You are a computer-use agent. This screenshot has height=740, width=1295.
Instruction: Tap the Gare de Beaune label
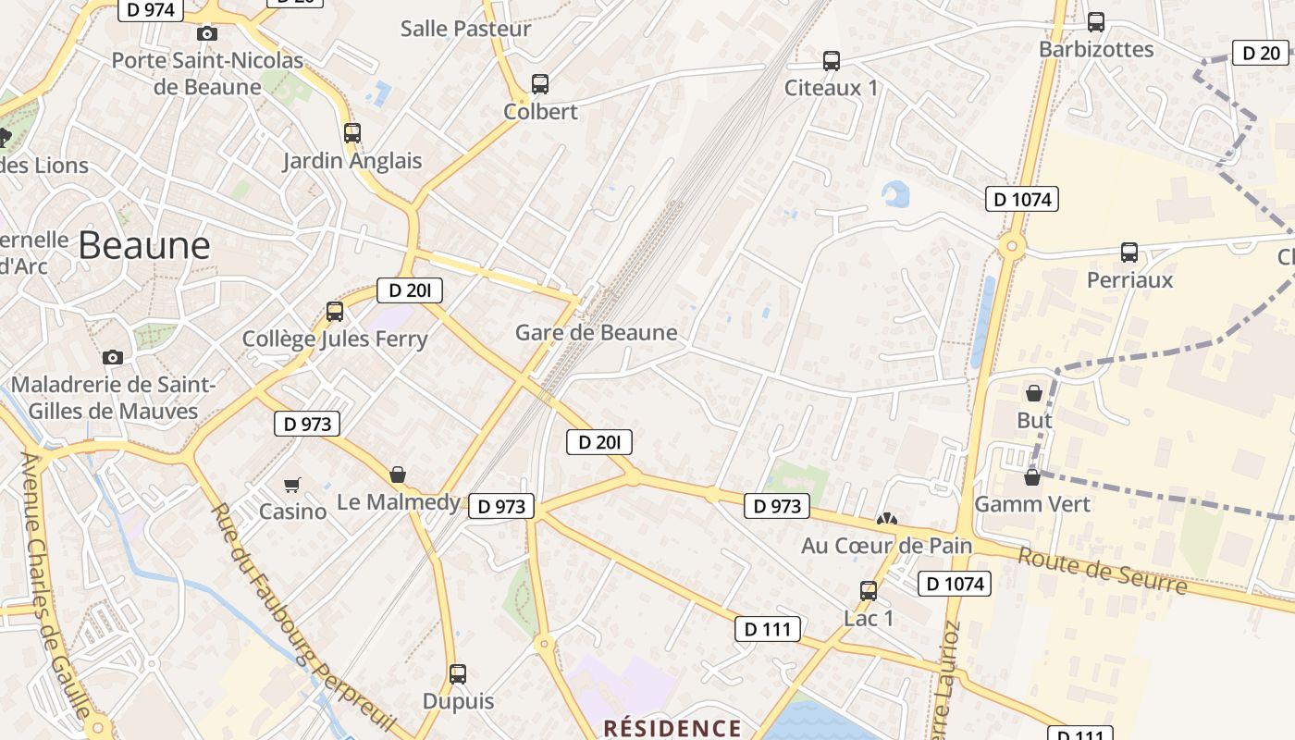[596, 333]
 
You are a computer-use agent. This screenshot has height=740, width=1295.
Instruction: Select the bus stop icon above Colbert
[540, 84]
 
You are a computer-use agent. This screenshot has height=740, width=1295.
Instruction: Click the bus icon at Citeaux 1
[832, 61]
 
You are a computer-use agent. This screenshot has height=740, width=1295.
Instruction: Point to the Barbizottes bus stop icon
[1096, 22]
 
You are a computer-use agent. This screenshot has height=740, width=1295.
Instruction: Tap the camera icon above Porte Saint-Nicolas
[207, 34]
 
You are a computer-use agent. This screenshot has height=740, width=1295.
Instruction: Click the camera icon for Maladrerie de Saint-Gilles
[113, 358]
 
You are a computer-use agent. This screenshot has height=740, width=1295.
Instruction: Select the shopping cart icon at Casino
[292, 485]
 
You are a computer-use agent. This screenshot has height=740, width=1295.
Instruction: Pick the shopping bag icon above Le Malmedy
[398, 475]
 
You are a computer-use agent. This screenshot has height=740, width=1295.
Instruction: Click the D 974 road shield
[151, 10]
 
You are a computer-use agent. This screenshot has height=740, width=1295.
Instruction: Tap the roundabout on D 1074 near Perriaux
[1011, 246]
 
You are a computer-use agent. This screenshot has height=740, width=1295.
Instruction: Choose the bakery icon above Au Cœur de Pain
[886, 520]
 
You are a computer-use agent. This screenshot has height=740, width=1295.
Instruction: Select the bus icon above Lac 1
[869, 590]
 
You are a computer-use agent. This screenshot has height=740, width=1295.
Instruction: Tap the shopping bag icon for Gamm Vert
[1032, 477]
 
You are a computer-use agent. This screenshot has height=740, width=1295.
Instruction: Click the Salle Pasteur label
[465, 29]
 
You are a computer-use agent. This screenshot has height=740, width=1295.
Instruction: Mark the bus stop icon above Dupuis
[458, 673]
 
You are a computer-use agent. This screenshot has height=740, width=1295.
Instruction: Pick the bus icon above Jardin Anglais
[352, 132]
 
